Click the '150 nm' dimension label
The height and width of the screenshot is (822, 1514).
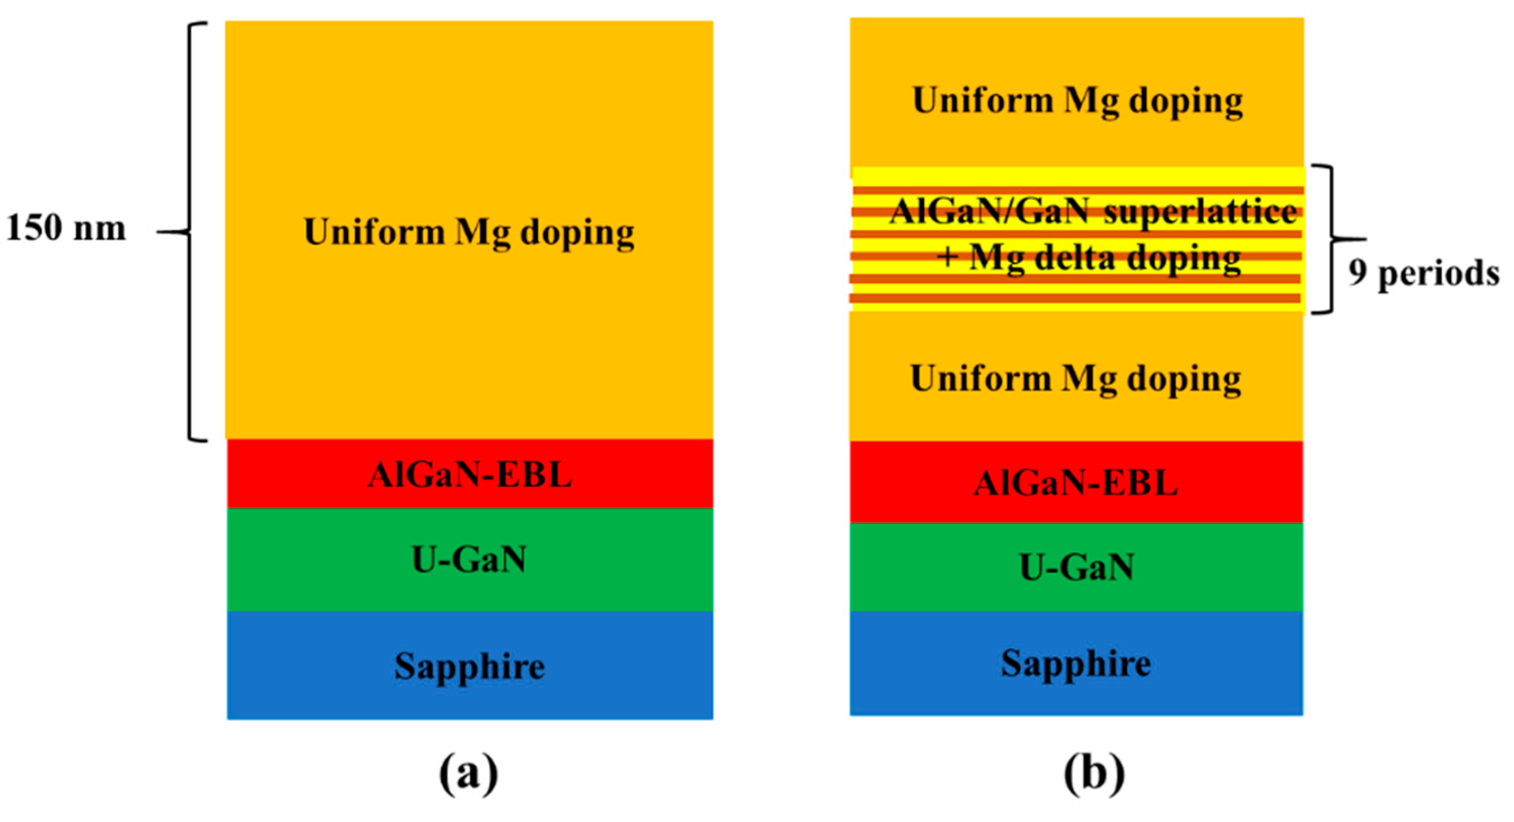66,228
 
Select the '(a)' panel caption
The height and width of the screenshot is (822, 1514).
468,775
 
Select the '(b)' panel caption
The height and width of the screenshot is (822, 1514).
1094,775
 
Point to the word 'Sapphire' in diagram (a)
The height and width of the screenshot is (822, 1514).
469,666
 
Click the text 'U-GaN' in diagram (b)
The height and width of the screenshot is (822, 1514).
1077,568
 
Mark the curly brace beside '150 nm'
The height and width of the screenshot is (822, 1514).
191,231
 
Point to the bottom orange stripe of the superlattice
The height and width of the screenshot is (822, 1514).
1076,299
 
